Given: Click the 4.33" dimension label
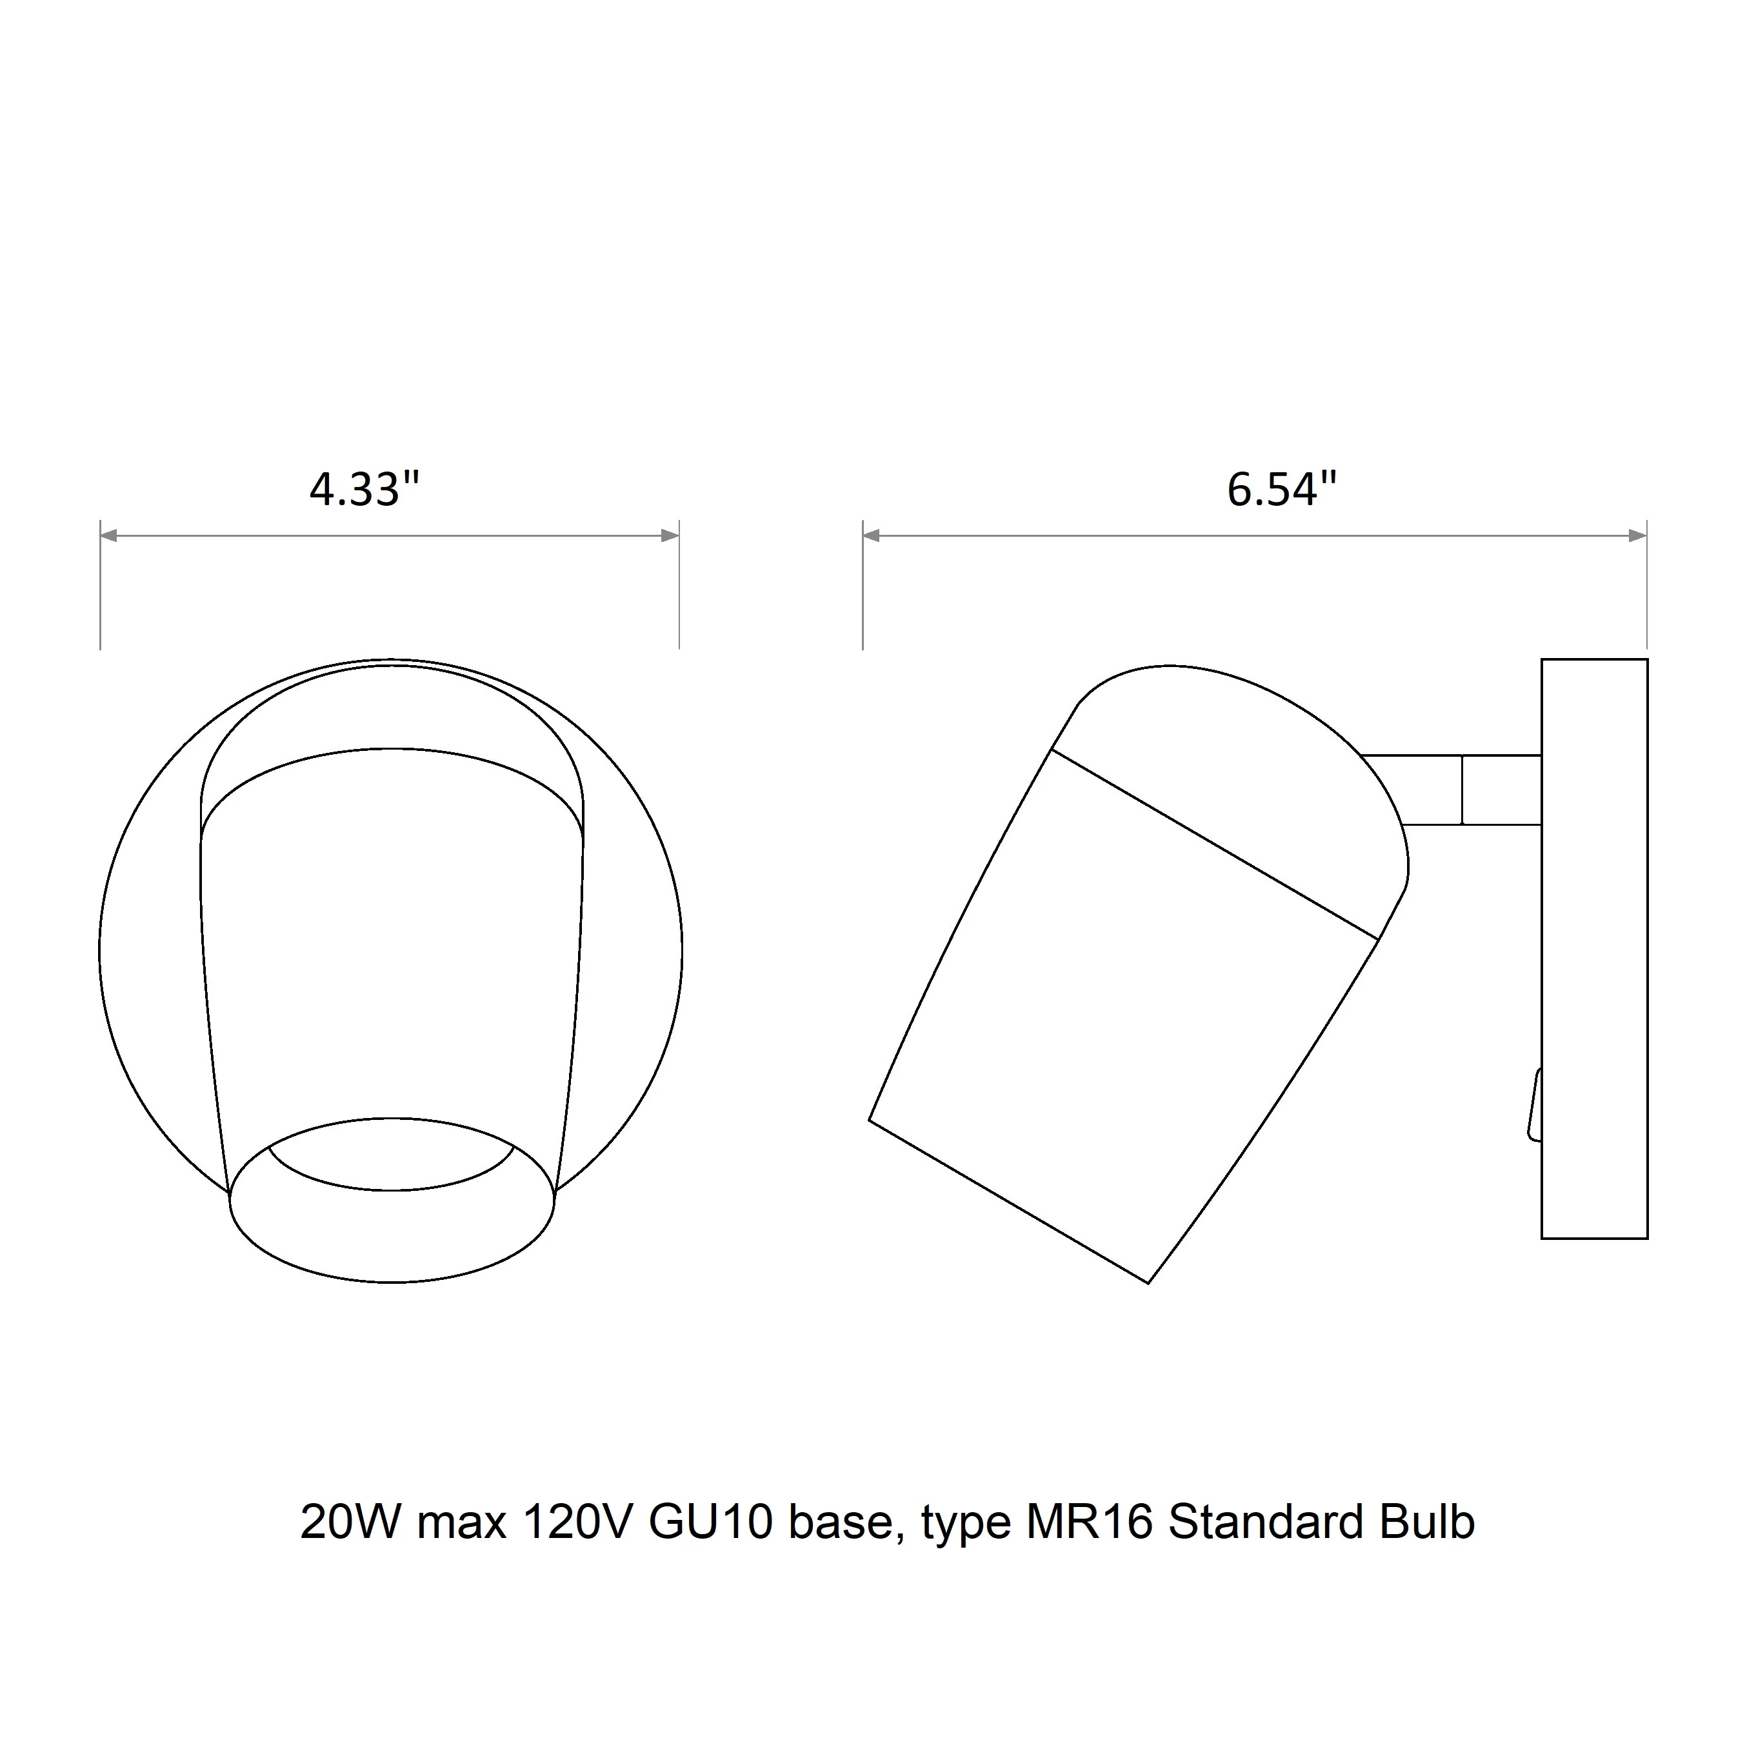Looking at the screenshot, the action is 364,489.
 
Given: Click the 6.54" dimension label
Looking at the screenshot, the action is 1281,489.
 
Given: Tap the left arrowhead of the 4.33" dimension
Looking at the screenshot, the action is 108,536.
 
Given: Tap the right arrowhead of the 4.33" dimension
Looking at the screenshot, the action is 670,536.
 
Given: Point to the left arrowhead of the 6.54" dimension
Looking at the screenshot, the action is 872,536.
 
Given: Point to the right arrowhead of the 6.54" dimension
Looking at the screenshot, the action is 1637,536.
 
